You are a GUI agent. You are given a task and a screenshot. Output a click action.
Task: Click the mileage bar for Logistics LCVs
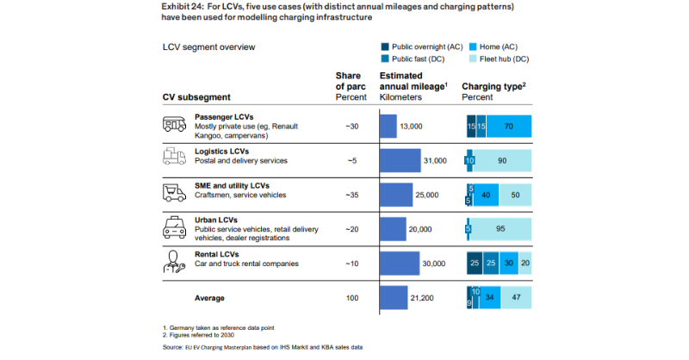point(400,160)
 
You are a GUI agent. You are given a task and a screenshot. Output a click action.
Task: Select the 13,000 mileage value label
point(412,126)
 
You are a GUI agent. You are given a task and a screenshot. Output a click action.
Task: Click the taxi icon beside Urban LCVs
point(175,227)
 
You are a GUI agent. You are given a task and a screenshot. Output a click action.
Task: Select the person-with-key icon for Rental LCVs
point(175,262)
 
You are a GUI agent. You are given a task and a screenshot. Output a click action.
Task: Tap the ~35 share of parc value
point(351,195)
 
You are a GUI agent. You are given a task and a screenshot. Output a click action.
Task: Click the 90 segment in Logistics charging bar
point(503,160)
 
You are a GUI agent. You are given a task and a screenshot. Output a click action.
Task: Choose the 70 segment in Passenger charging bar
point(509,126)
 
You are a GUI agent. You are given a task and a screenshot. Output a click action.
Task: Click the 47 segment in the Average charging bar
point(515,298)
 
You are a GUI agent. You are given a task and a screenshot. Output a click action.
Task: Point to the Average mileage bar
point(394,298)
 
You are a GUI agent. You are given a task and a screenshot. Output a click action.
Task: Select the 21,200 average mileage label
point(422,298)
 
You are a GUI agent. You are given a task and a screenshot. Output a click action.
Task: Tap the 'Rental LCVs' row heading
point(216,253)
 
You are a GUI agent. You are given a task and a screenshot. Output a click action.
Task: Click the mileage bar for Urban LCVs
point(393,228)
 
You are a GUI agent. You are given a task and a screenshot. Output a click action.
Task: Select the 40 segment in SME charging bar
point(486,195)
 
